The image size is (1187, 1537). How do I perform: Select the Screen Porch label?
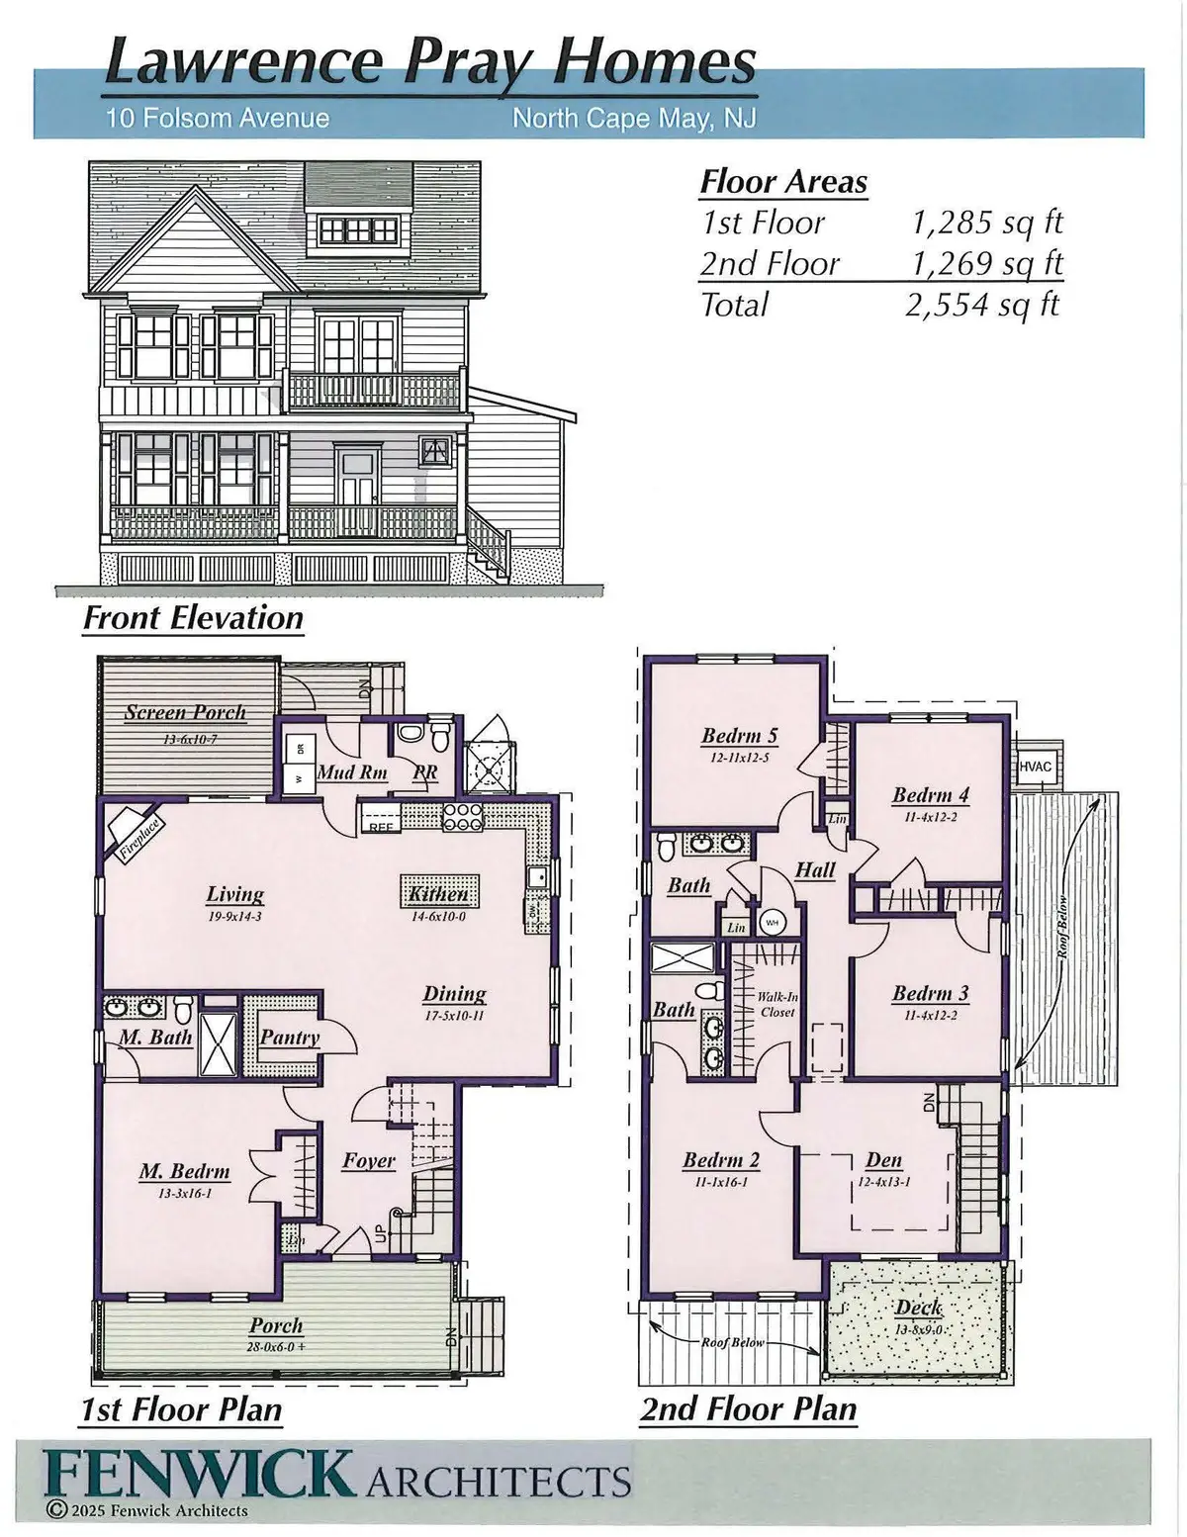pos(185,712)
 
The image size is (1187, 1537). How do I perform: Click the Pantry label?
pos(289,1037)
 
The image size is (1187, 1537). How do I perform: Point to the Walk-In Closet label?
pos(777,1004)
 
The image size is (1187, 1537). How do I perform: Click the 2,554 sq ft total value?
pos(981,305)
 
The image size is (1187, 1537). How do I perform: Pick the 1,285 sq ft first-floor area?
pos(986,223)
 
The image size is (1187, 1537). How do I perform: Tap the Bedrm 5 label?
pos(739,736)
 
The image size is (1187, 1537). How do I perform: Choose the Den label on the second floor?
pos(883,1160)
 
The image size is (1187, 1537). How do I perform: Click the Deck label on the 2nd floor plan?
pos(918,1308)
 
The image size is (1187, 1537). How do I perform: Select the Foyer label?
pos(368,1160)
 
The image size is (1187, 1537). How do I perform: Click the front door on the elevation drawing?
pos(356,478)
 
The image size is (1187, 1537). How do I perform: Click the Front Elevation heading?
pos(193,618)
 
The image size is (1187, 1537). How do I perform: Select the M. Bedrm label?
pos(184,1172)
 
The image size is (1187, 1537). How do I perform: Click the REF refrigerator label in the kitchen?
pos(379,826)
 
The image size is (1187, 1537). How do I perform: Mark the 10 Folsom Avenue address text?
pos(218,119)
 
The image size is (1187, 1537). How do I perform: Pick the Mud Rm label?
pos(352,772)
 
